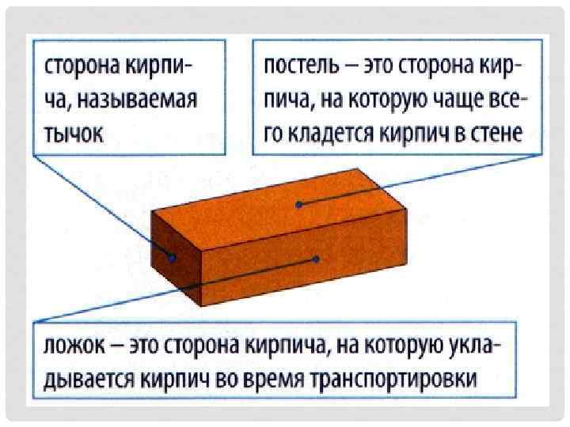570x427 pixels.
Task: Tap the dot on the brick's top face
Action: point(299,205)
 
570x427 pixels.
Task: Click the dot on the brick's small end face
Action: point(172,256)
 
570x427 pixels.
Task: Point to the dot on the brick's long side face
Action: point(315,259)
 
